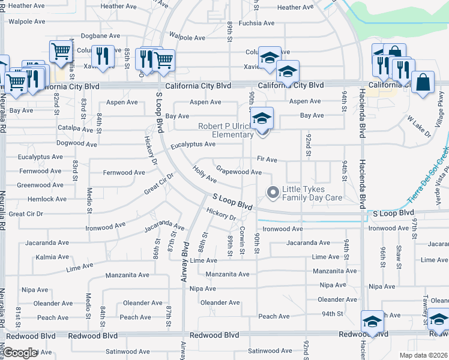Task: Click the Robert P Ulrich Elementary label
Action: pos(226,131)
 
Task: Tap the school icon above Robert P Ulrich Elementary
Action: pos(262,118)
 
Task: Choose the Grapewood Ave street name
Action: pos(238,172)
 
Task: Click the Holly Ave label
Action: pos(205,174)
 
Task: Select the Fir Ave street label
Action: pos(267,160)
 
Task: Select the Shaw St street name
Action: pos(398,254)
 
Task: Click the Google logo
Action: pos(20,353)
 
